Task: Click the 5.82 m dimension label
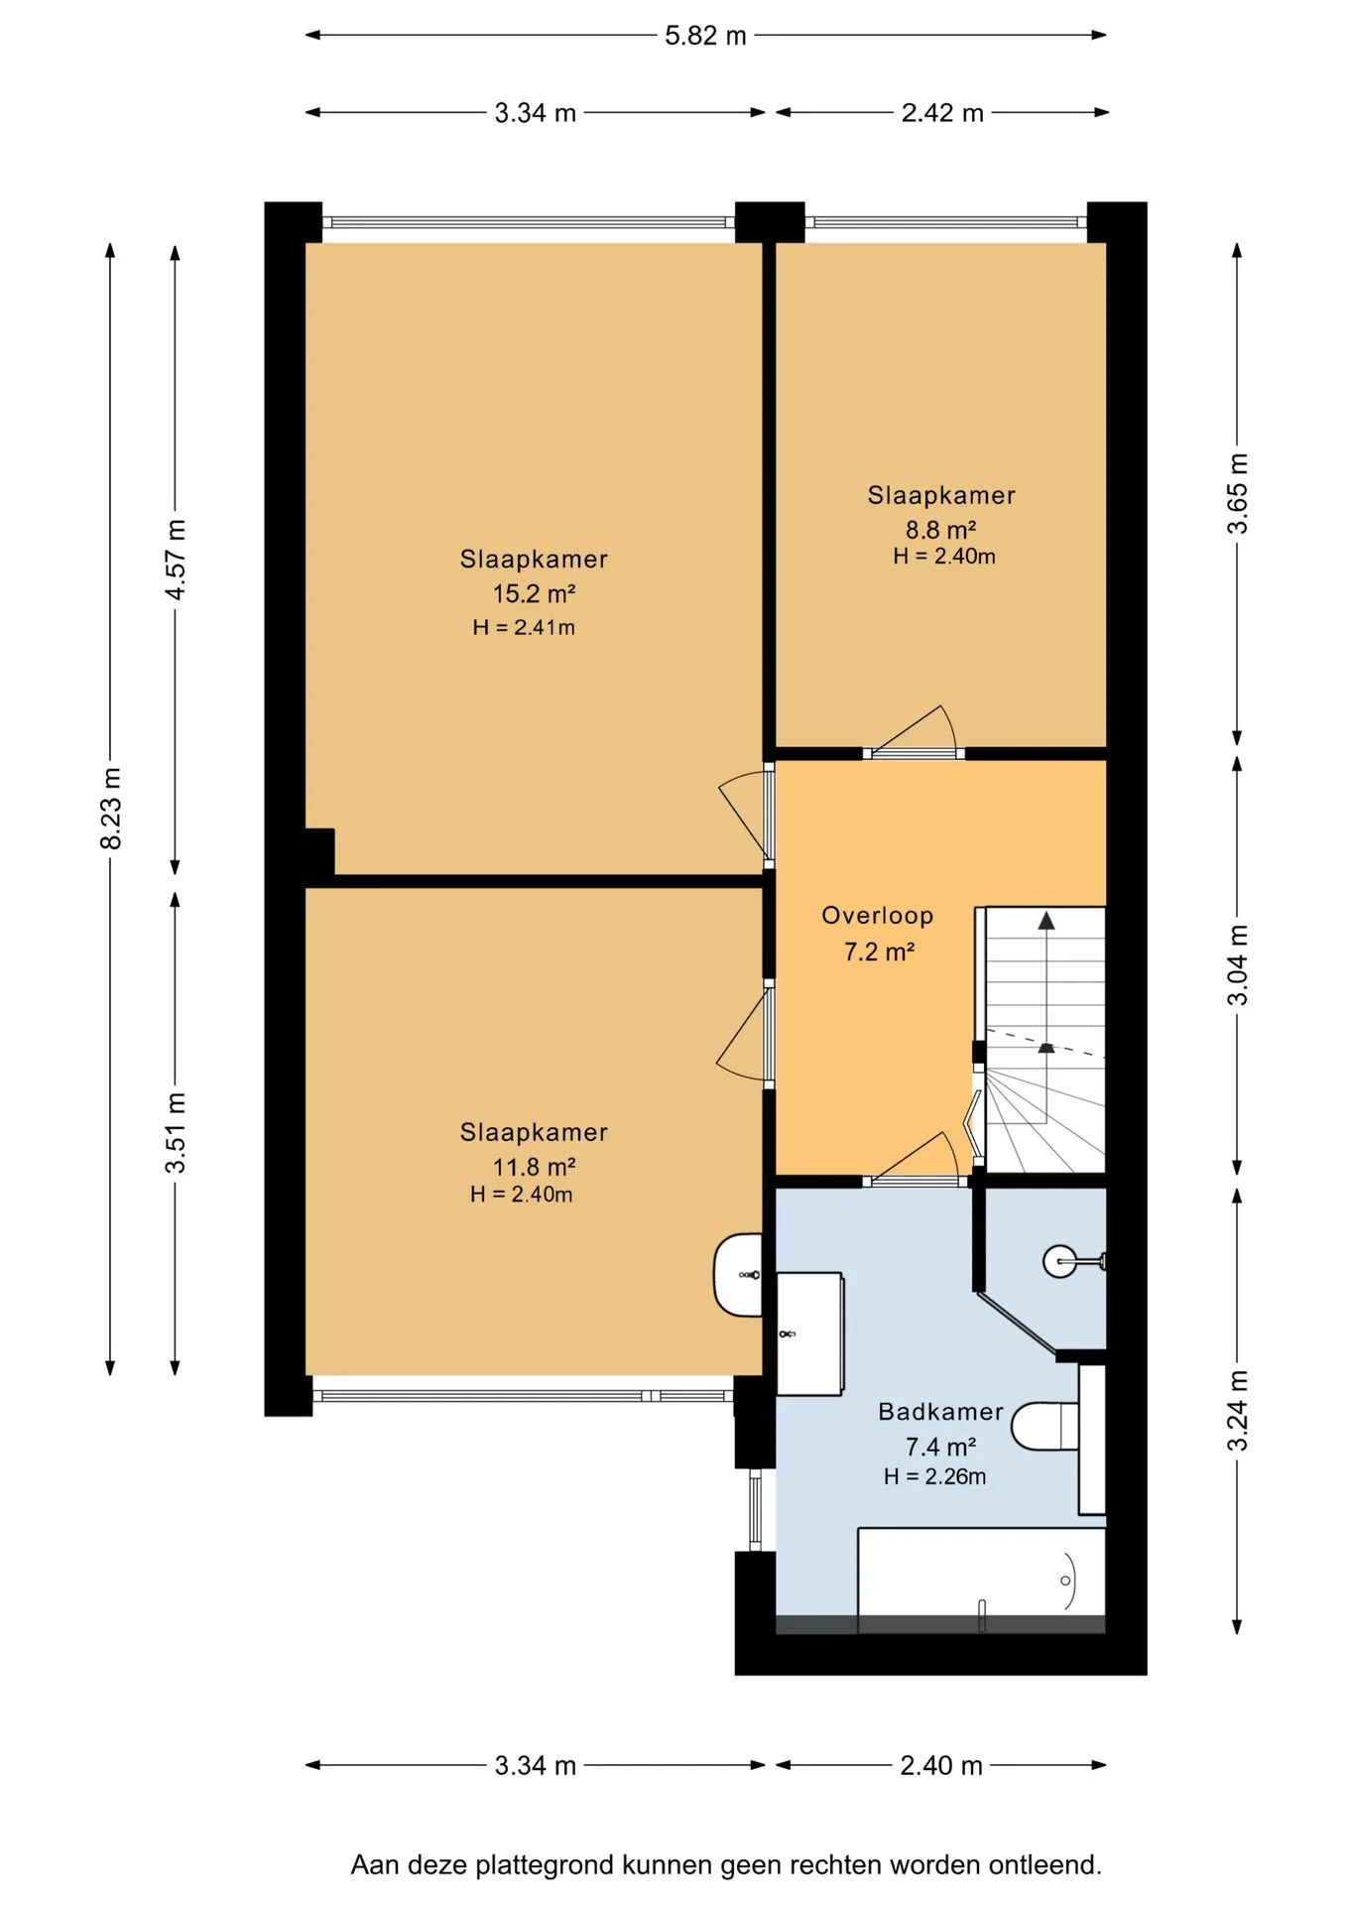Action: (705, 36)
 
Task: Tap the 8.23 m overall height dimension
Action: (111, 808)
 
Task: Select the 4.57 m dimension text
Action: (176, 560)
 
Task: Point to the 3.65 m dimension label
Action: (1238, 493)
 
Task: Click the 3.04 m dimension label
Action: (1238, 964)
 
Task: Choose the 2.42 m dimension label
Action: (942, 113)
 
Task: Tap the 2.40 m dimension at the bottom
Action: (941, 1766)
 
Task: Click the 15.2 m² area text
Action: (535, 593)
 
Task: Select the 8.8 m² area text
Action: (941, 530)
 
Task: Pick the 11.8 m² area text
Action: (535, 1167)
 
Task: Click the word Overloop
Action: (878, 916)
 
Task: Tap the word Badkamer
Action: (941, 1411)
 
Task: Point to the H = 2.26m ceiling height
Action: (935, 1476)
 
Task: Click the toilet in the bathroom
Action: (1044, 1426)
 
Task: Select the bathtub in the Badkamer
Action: (981, 1581)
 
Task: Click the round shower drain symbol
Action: (1058, 1262)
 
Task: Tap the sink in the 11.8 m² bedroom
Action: (738, 1275)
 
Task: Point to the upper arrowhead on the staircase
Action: (1046, 921)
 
